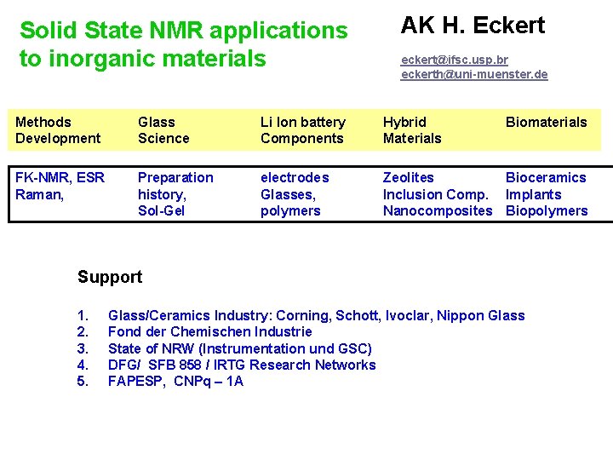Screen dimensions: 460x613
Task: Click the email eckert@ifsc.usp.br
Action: click(455, 60)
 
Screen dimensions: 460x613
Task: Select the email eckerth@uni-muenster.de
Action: click(474, 74)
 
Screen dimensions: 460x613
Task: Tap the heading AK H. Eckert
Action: click(473, 26)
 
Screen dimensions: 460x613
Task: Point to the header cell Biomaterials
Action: click(546, 122)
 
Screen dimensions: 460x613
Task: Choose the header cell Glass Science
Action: click(163, 130)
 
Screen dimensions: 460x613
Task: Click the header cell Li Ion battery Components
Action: click(302, 130)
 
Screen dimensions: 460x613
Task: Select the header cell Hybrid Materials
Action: click(412, 130)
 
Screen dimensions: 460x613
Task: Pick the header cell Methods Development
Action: click(58, 130)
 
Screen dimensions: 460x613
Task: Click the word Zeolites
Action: click(408, 177)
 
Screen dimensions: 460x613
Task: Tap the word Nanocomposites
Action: click(438, 210)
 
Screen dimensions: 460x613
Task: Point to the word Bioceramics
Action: click(546, 177)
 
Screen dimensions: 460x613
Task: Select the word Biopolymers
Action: click(547, 210)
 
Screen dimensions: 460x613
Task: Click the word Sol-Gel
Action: click(162, 210)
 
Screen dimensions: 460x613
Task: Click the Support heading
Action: click(110, 277)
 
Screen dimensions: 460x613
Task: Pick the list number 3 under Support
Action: click(83, 348)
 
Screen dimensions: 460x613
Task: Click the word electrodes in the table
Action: click(295, 177)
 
